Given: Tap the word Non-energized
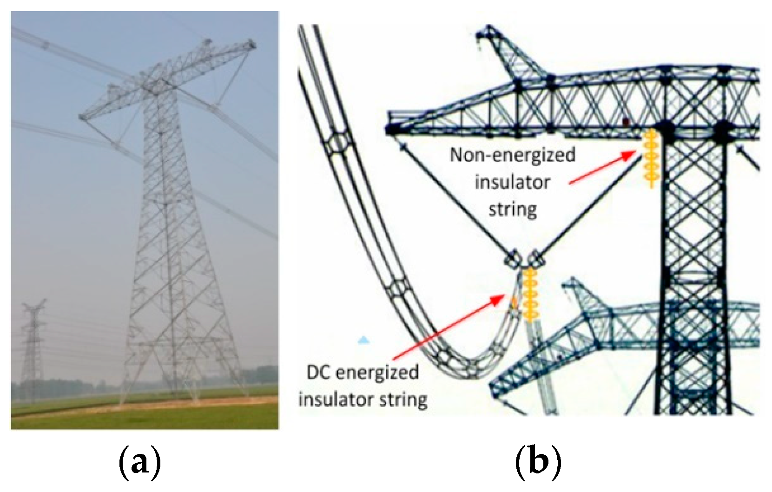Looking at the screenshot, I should tap(512, 155).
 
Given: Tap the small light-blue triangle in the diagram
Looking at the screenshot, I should tap(363, 341).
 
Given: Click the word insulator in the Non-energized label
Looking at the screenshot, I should tap(512, 182).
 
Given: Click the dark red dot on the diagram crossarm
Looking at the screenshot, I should tap(626, 122).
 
